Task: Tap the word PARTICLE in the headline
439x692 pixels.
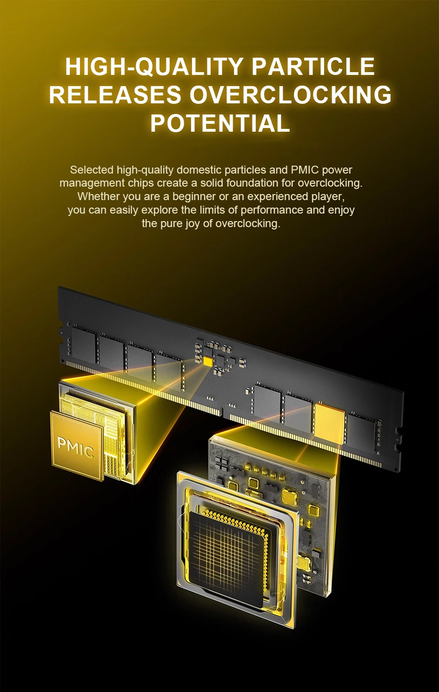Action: [x=313, y=66]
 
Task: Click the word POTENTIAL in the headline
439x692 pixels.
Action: [x=220, y=123]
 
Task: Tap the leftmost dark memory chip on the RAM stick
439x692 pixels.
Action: [x=83, y=345]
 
